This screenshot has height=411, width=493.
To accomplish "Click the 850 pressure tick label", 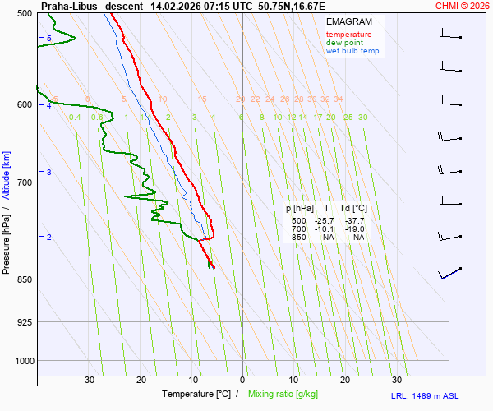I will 24,279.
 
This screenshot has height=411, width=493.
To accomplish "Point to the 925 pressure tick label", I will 24,322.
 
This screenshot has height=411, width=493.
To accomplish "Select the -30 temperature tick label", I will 88,380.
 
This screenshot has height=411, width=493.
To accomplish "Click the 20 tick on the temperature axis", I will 345,380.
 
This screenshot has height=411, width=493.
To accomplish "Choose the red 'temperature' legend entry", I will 348,35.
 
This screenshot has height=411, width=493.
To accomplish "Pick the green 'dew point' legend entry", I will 345,43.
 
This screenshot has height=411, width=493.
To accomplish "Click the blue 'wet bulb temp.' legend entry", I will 353,51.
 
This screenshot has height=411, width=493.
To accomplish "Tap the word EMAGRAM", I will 348,21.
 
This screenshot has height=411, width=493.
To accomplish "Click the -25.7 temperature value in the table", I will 325,221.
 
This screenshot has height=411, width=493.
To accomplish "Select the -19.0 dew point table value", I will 356,229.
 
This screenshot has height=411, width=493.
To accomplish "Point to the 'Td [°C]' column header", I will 354,209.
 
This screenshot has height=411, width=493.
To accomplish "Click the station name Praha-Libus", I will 69,5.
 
